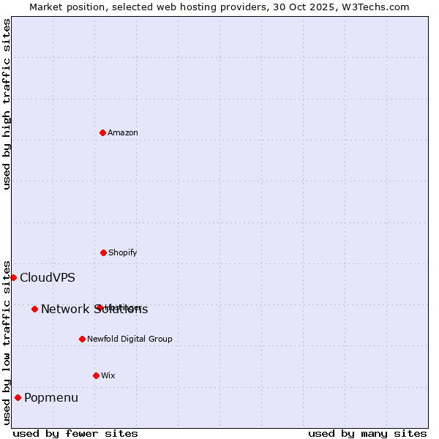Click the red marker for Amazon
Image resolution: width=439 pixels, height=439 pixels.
point(102,132)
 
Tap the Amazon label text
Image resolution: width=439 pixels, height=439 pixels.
point(123,132)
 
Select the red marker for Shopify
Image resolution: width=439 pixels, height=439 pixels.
point(103,252)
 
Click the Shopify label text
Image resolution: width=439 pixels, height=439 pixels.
point(123,252)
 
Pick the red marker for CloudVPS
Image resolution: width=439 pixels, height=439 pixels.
point(13,277)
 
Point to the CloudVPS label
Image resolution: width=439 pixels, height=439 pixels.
point(48,277)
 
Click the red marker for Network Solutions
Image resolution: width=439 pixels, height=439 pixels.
point(34,309)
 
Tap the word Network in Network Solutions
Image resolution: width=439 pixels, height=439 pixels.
point(64,309)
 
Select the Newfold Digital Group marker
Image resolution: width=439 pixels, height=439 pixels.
point(82,339)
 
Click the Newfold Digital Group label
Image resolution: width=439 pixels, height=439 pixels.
point(130,339)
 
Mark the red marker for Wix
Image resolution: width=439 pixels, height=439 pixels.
point(96,375)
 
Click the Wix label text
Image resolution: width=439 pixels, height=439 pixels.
point(108,375)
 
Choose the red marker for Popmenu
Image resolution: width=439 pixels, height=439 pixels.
point(18,397)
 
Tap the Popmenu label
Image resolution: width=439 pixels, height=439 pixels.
point(51,397)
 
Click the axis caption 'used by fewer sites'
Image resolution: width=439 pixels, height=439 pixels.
point(75,433)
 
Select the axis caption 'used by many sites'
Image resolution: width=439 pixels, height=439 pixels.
point(367,433)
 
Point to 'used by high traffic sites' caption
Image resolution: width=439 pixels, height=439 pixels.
point(7,104)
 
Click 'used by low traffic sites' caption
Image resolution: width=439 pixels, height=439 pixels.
point(7,342)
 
